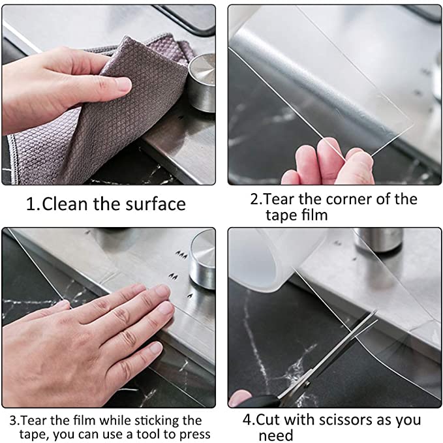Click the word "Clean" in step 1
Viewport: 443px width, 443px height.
tap(65, 204)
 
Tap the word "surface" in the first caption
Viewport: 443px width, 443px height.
tap(155, 204)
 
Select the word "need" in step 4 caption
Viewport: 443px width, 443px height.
tap(276, 436)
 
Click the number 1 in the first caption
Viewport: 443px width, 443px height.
tap(30, 204)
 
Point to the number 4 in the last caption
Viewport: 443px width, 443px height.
tap(247, 420)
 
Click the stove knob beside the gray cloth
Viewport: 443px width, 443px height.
tap(201, 83)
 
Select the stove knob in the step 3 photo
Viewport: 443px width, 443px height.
tap(202, 260)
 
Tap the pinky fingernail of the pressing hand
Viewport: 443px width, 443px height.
tap(156, 347)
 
